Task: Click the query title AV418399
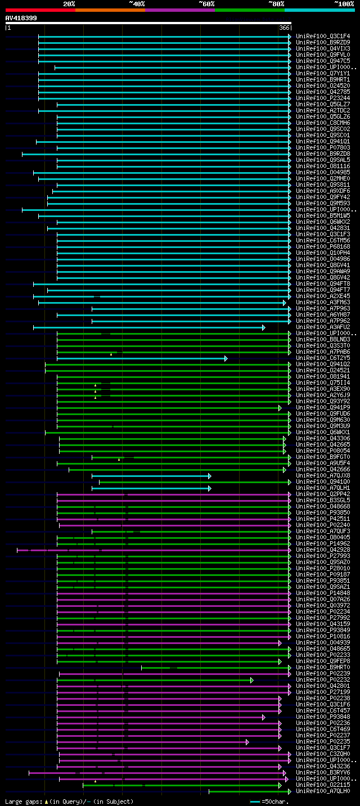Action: click(x=21, y=18)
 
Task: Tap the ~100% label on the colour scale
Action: click(x=344, y=4)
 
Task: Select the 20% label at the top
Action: click(x=69, y=4)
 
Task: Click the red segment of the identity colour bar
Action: click(x=40, y=10)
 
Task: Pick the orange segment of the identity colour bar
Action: click(x=110, y=10)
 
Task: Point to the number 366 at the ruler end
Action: click(x=283, y=28)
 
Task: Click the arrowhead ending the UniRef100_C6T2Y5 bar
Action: click(x=226, y=358)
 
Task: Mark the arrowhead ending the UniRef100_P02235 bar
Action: click(x=247, y=742)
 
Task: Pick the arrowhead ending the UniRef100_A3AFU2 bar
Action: click(x=263, y=327)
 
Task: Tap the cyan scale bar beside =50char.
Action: click(x=255, y=802)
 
